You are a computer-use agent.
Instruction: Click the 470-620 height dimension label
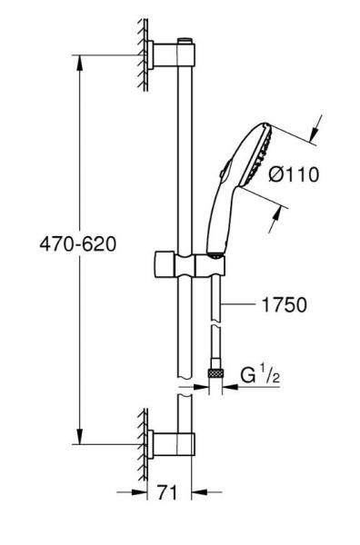[x=78, y=244]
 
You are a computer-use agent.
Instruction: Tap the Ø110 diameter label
[x=294, y=174]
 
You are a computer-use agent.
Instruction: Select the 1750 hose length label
[x=285, y=304]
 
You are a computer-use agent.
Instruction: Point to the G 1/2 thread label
[x=260, y=375]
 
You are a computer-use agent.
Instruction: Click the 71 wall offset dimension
[x=167, y=492]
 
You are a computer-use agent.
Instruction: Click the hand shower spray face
[x=258, y=155]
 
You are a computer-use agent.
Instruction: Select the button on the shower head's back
[x=225, y=168]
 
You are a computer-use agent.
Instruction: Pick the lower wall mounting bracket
[x=171, y=444]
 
